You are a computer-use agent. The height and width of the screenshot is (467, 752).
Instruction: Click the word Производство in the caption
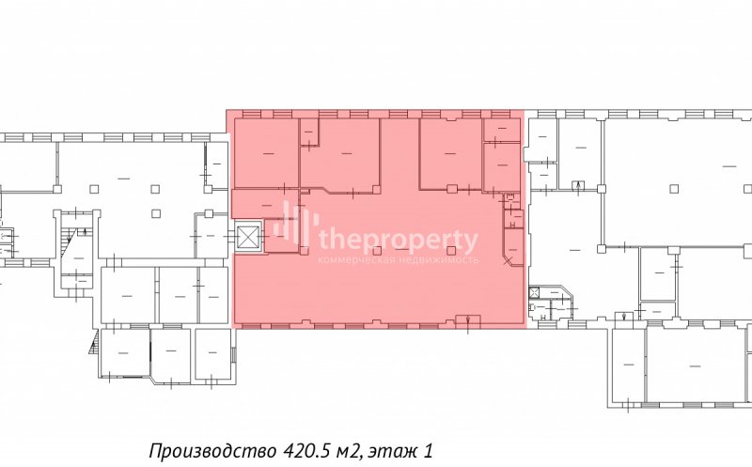coord(212,451)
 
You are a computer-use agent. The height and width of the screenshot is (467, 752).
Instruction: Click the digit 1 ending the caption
coord(429,451)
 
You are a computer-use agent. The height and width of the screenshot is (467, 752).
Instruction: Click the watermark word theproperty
coord(398,241)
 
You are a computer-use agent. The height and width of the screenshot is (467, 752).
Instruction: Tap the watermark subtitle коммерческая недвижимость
coord(398,260)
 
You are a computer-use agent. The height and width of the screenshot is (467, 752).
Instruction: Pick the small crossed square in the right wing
coord(534,291)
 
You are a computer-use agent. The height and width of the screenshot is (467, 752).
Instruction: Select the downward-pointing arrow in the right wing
coord(623,317)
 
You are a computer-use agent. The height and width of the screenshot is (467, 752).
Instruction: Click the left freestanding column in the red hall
coord(378,250)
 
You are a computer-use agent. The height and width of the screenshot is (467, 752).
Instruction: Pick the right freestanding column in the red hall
coord(451,250)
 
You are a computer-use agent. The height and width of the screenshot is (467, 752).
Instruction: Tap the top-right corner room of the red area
coord(501,131)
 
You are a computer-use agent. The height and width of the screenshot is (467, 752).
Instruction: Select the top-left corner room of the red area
coord(266,153)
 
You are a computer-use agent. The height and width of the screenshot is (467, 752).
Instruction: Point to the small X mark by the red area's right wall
coord(508,261)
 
